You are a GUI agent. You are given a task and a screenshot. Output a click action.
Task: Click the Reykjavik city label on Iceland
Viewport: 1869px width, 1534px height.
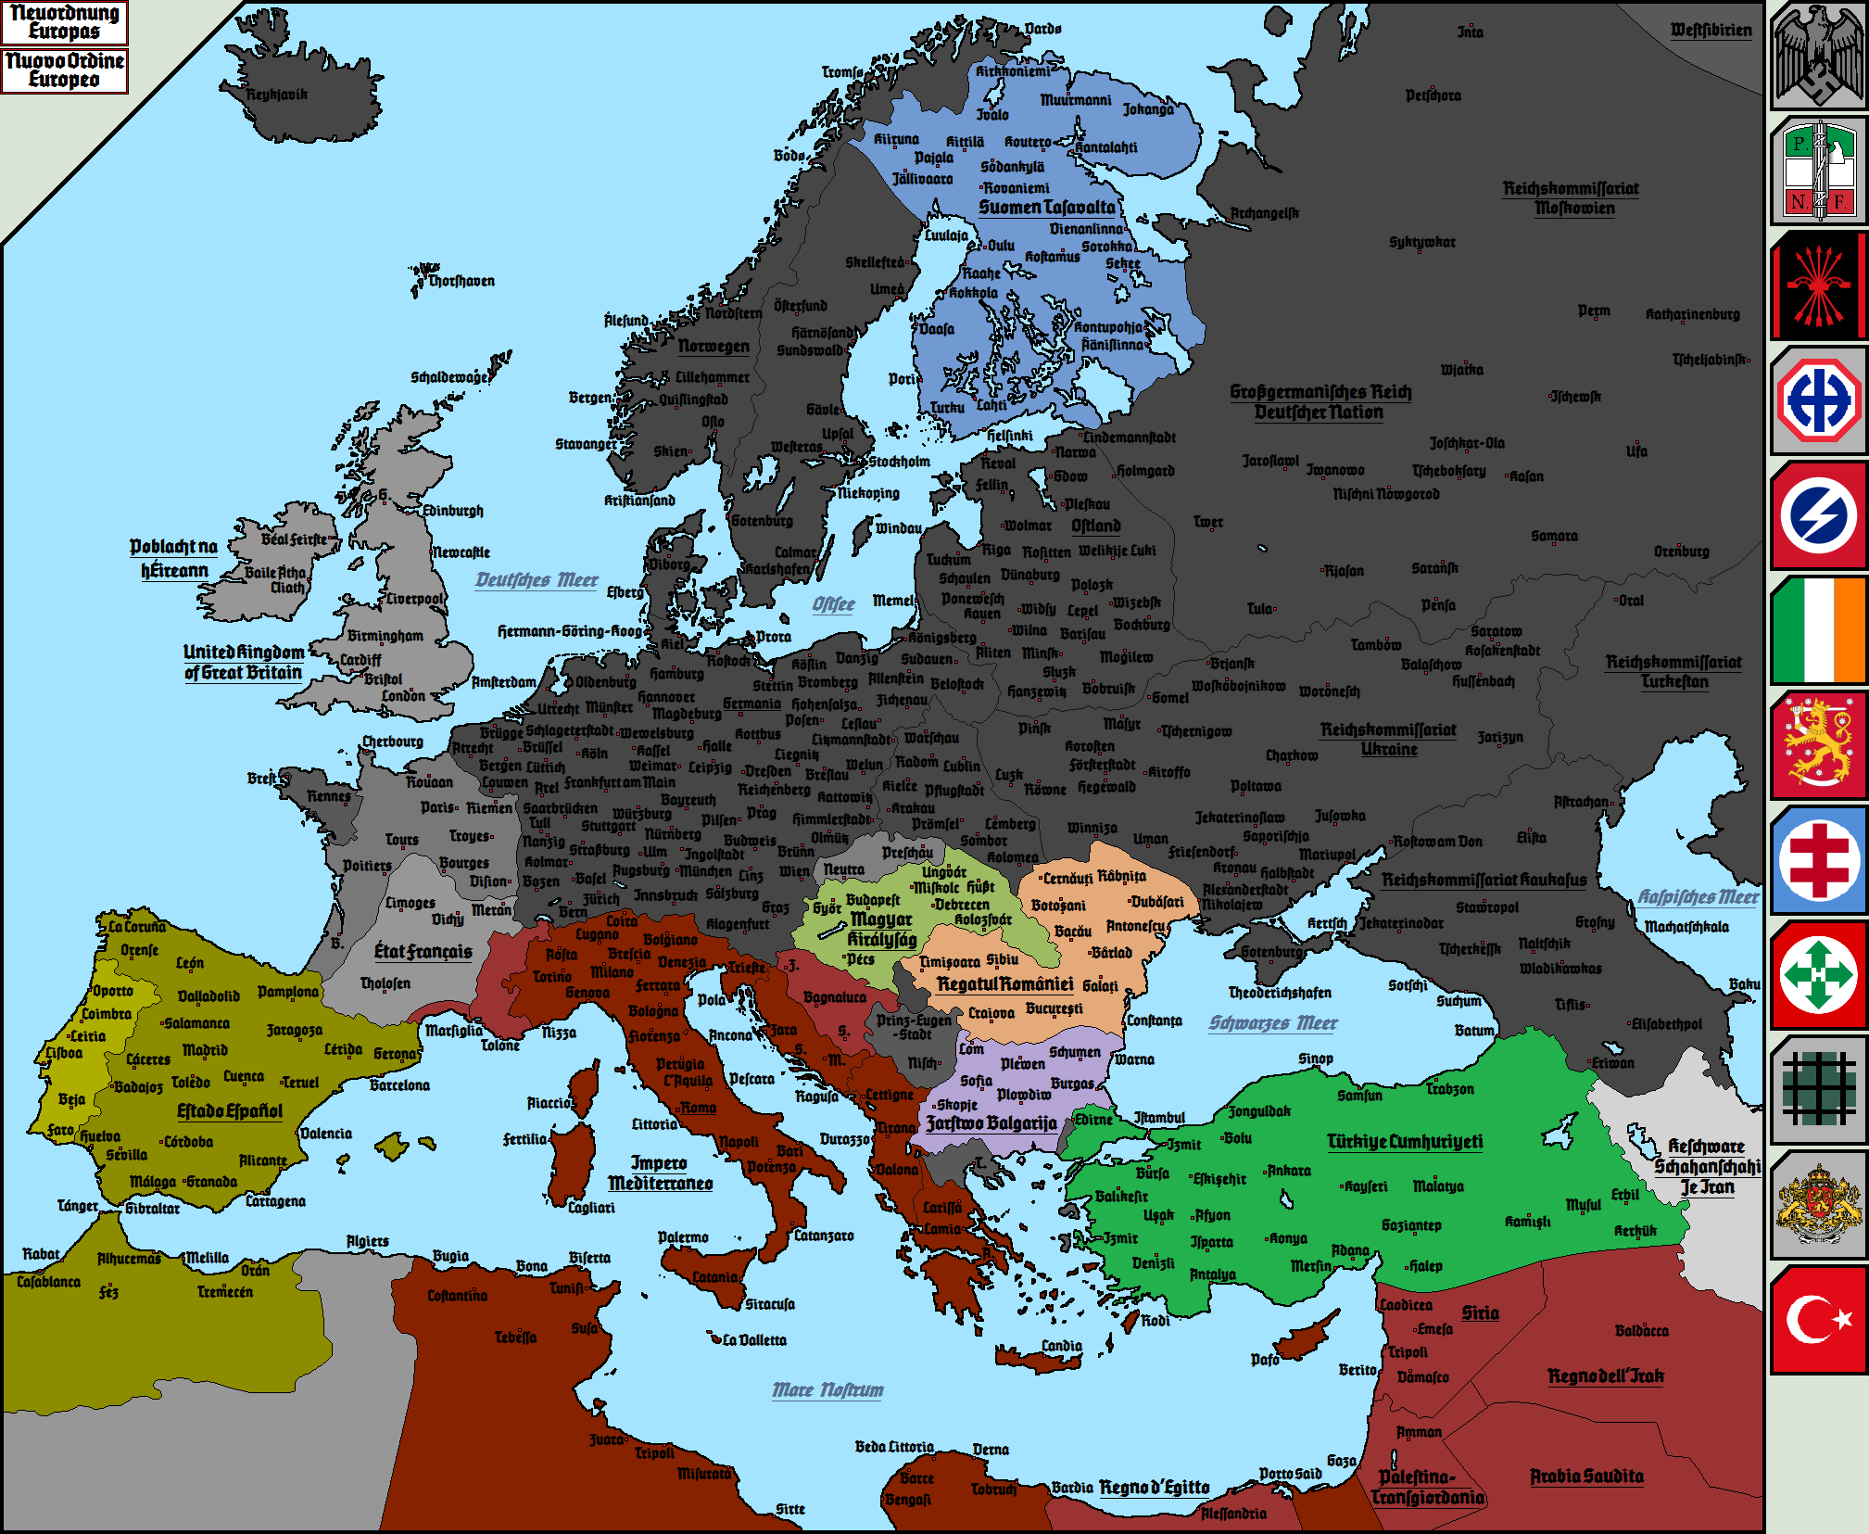coord(276,95)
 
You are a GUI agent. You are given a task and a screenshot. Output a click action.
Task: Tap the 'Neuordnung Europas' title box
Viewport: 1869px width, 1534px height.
coord(64,22)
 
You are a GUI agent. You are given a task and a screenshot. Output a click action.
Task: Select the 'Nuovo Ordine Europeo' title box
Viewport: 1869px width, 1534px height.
coord(64,70)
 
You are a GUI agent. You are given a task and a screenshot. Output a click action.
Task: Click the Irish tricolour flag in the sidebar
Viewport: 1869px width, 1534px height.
coord(1819,630)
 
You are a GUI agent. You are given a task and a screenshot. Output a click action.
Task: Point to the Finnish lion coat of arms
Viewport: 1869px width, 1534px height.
coord(1819,745)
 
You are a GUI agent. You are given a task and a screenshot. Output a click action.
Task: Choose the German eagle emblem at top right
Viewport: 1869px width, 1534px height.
coord(1819,56)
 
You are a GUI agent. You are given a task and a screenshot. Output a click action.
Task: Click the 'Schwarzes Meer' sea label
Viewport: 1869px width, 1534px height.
coord(1272,1023)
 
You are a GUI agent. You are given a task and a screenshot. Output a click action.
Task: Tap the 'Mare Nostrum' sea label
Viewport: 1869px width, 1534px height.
coord(827,1390)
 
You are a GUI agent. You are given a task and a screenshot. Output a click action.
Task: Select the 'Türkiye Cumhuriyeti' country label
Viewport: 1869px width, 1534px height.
coord(1404,1142)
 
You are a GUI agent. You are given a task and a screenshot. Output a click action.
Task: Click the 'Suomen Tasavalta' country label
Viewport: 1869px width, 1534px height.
coord(1047,208)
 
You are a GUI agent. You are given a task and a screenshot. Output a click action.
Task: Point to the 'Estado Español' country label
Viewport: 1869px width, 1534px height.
coord(230,1111)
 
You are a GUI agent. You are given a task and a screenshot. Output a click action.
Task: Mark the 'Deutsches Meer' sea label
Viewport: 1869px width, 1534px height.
coord(537,580)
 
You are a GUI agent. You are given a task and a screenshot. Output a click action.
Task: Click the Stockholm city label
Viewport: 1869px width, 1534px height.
coord(899,462)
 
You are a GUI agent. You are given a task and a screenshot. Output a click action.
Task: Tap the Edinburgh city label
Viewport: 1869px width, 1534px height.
coord(452,511)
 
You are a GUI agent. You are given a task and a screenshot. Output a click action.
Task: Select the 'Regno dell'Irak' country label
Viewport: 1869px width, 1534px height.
coord(1605,1376)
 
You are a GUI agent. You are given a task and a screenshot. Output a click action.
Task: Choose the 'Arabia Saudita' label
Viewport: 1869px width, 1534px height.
coord(1586,1477)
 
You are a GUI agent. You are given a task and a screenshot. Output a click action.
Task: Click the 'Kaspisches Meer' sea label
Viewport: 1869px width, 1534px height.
coord(1698,897)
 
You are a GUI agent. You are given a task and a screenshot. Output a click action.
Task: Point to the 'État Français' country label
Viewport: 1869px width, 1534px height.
coord(423,952)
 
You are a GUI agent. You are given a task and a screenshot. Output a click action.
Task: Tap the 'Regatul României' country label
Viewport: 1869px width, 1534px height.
coord(1004,984)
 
